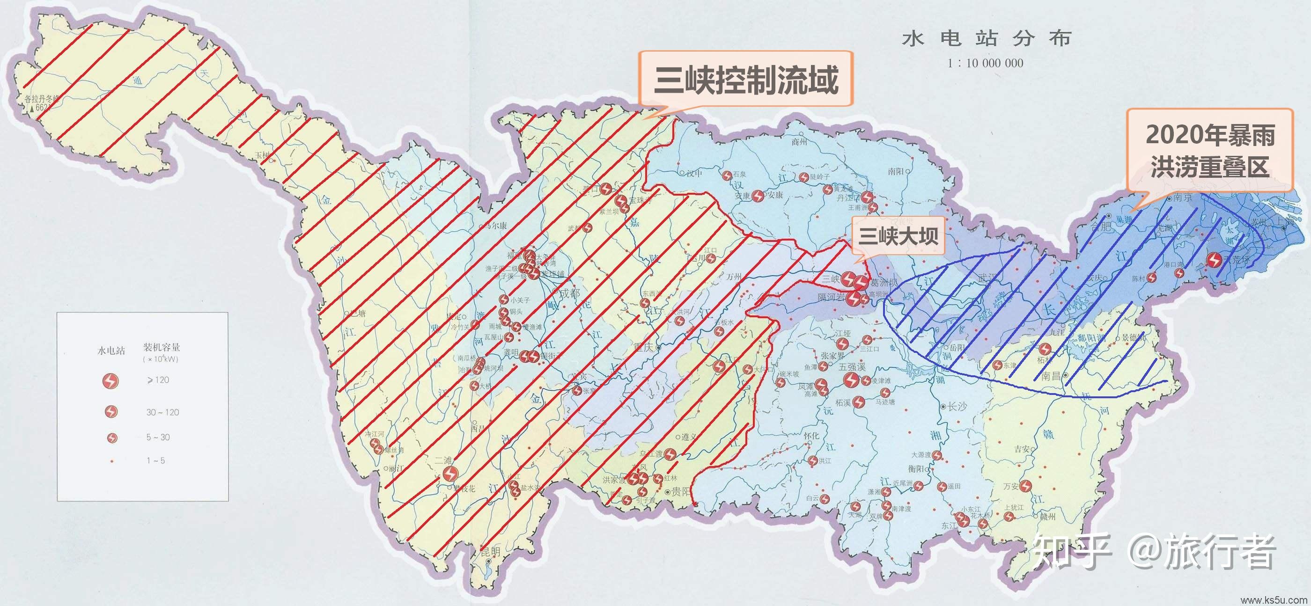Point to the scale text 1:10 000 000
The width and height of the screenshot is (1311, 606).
coord(985,63)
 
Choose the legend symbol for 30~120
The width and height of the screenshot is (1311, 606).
coord(111,412)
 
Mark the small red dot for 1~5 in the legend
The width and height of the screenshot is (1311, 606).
coord(111,461)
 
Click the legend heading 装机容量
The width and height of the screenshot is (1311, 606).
coord(162,348)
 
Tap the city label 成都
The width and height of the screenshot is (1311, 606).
coord(569,293)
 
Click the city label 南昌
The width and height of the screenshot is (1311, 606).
coord(1053,376)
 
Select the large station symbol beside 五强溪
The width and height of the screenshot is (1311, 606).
coord(851,380)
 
